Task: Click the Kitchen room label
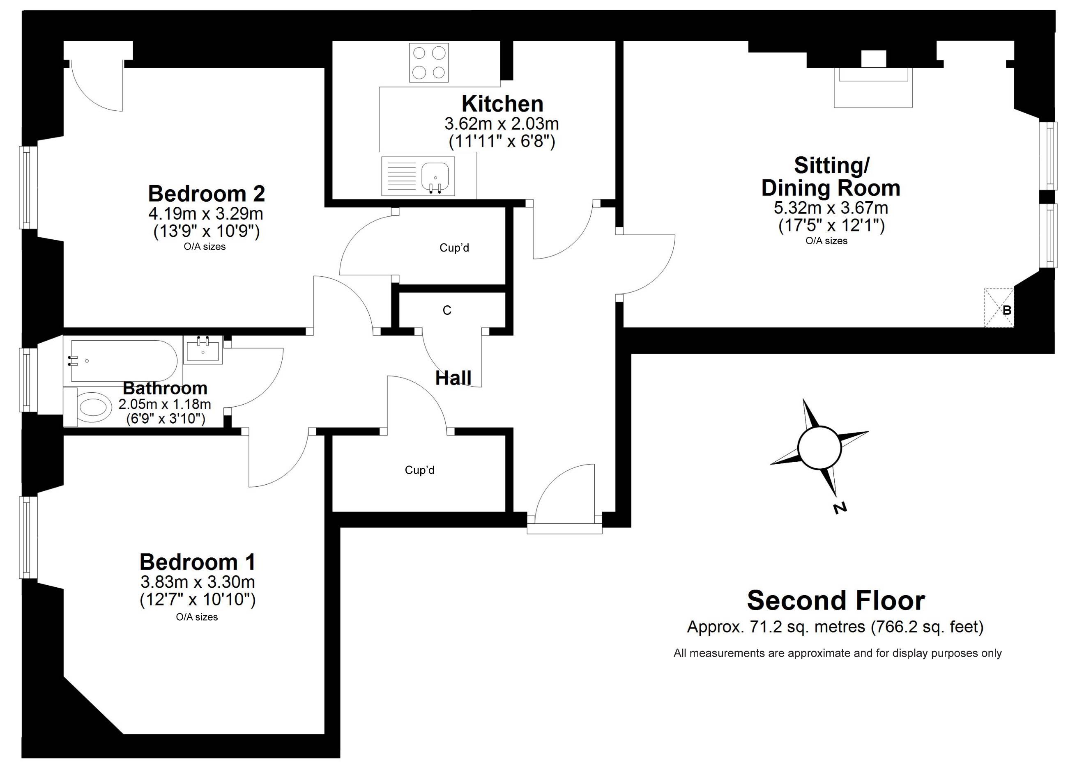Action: click(502, 103)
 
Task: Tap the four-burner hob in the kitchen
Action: click(429, 63)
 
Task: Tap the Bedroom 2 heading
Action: click(207, 193)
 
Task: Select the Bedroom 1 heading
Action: click(198, 562)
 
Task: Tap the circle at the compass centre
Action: click(819, 448)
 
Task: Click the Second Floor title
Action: click(836, 600)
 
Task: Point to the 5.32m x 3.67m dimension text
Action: click(831, 208)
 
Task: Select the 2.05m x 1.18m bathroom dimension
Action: click(165, 404)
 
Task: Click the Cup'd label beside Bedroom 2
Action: click(454, 247)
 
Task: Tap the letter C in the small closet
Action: click(447, 310)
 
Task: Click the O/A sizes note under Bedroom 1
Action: click(197, 617)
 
